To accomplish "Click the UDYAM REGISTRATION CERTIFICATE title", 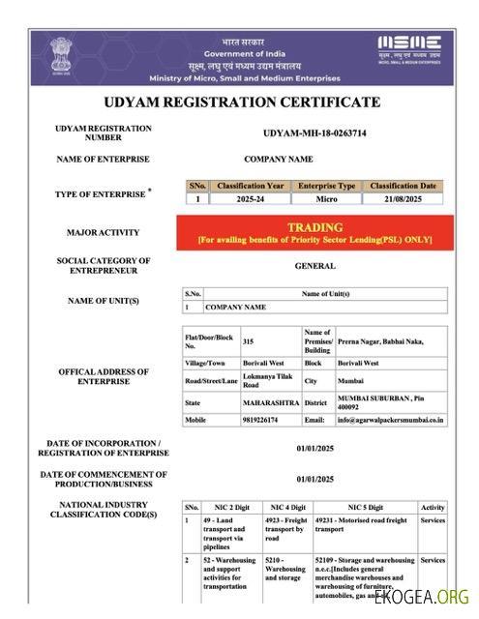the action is point(241,102).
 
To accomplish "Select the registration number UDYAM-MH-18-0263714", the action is point(314,133).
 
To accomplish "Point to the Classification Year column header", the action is point(250,185).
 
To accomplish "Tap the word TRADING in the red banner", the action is point(314,227).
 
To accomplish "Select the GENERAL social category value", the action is point(314,266).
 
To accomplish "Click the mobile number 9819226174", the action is point(259,420).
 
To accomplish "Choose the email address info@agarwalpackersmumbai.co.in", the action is point(390,420).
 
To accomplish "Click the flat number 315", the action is point(249,341).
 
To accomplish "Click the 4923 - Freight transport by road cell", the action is point(284,528).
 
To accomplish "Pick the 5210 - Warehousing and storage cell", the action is point(284,571).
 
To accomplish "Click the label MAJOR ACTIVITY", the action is point(103,232).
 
